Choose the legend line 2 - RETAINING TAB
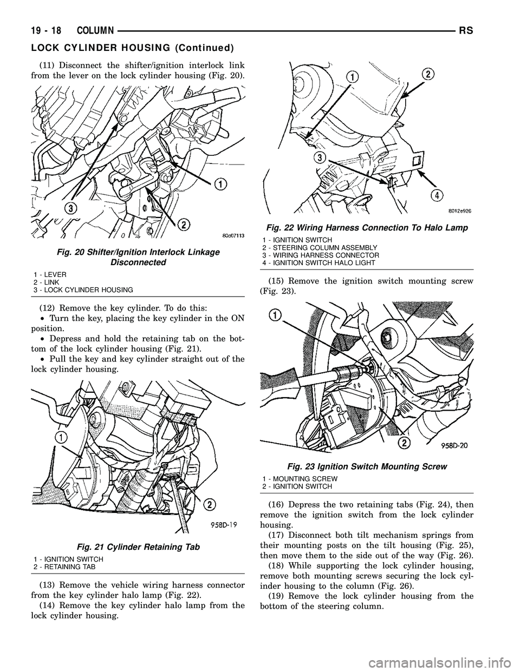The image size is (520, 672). [64, 566]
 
